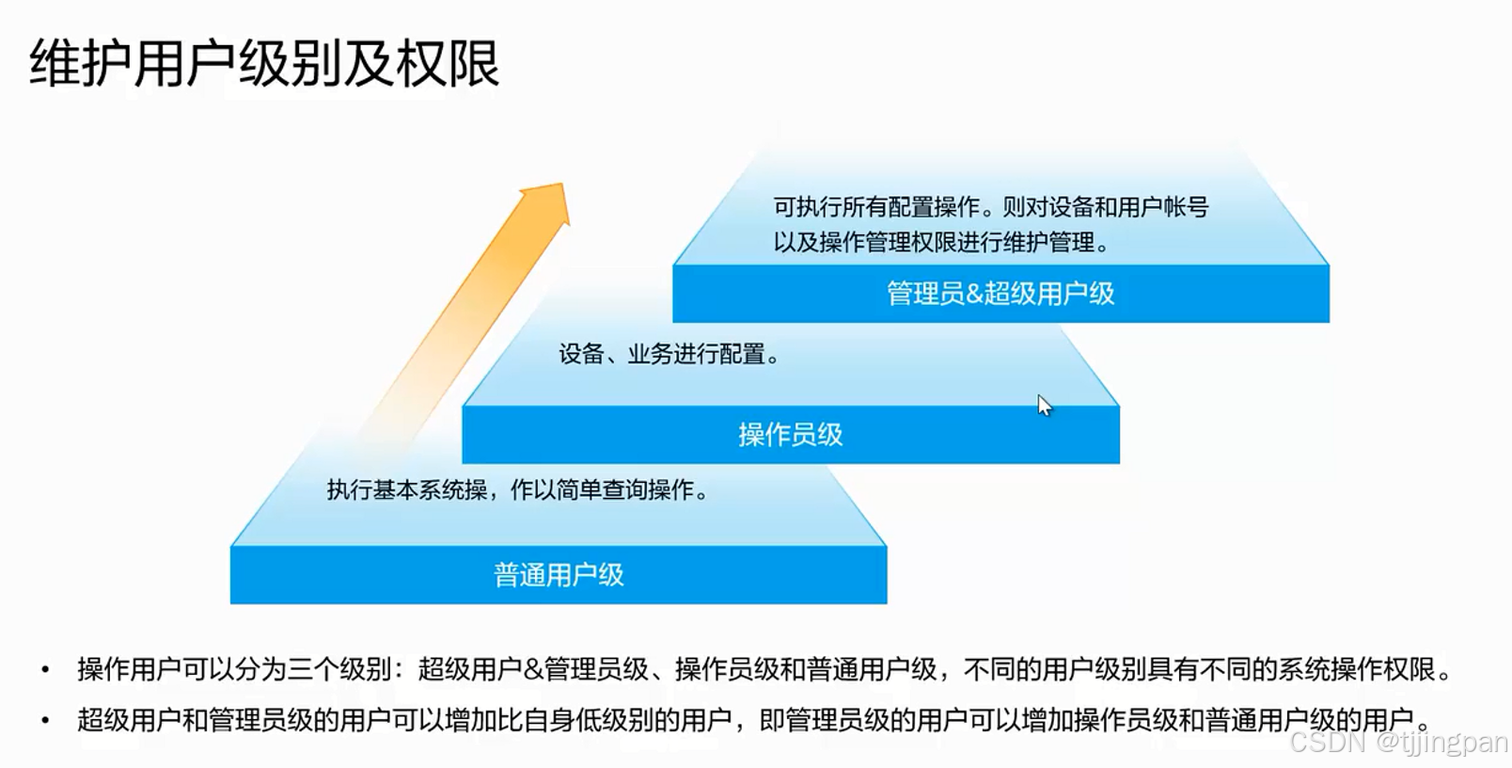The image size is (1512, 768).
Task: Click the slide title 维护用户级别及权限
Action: click(x=264, y=64)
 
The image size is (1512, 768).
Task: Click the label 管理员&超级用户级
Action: click(x=1000, y=294)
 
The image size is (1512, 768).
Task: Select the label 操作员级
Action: click(x=790, y=435)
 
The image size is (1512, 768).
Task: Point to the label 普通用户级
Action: click(x=559, y=575)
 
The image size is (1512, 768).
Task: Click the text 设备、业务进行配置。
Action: click(x=669, y=355)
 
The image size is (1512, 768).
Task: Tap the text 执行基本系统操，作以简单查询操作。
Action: click(x=518, y=490)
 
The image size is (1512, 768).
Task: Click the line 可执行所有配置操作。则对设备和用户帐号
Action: click(x=990, y=207)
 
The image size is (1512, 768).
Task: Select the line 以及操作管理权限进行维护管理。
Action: click(x=941, y=243)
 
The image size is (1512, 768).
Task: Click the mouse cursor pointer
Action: click(x=1043, y=404)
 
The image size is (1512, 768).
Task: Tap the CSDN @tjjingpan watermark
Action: click(x=1398, y=742)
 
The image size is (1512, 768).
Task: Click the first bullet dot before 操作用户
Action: click(x=45, y=670)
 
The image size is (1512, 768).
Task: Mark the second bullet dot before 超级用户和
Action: click(x=45, y=721)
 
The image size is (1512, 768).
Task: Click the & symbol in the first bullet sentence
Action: click(x=533, y=670)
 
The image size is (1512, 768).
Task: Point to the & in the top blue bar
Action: click(x=974, y=294)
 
